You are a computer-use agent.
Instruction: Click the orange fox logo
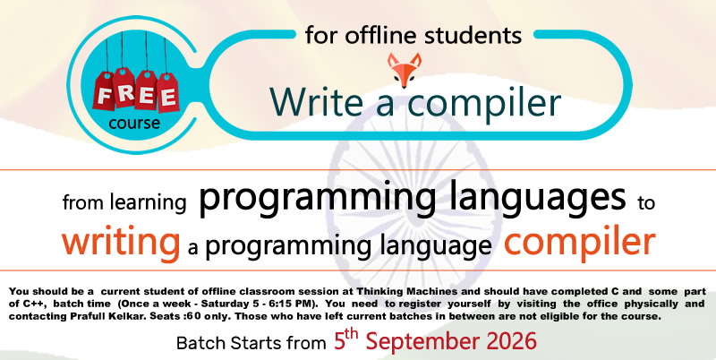[x=405, y=70]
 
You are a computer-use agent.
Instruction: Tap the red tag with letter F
[x=104, y=91]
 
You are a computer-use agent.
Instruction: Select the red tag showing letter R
[x=124, y=88]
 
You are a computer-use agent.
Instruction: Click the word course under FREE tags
[x=134, y=123]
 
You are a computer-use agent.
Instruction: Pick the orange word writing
[x=121, y=242]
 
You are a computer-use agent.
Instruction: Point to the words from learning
[x=124, y=202]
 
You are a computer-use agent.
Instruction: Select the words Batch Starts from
[x=251, y=343]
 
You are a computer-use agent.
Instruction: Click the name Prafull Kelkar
[x=80, y=317]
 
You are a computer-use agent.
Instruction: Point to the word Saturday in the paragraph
[x=242, y=304]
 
